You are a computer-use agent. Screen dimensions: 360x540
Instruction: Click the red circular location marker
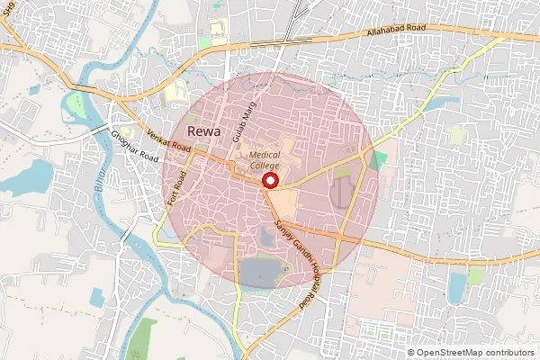pyautogui.click(x=269, y=181)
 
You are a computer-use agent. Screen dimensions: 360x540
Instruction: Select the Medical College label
pyautogui.click(x=265, y=160)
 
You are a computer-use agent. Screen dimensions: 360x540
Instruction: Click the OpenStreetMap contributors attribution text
pyautogui.click(x=475, y=353)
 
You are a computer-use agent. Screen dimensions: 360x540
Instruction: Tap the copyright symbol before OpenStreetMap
pyautogui.click(x=411, y=353)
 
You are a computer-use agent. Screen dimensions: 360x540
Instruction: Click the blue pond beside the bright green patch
pyautogui.click(x=457, y=286)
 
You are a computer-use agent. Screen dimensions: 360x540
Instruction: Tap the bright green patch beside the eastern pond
pyautogui.click(x=475, y=275)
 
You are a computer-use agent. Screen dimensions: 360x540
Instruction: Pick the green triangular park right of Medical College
pyautogui.click(x=379, y=161)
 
